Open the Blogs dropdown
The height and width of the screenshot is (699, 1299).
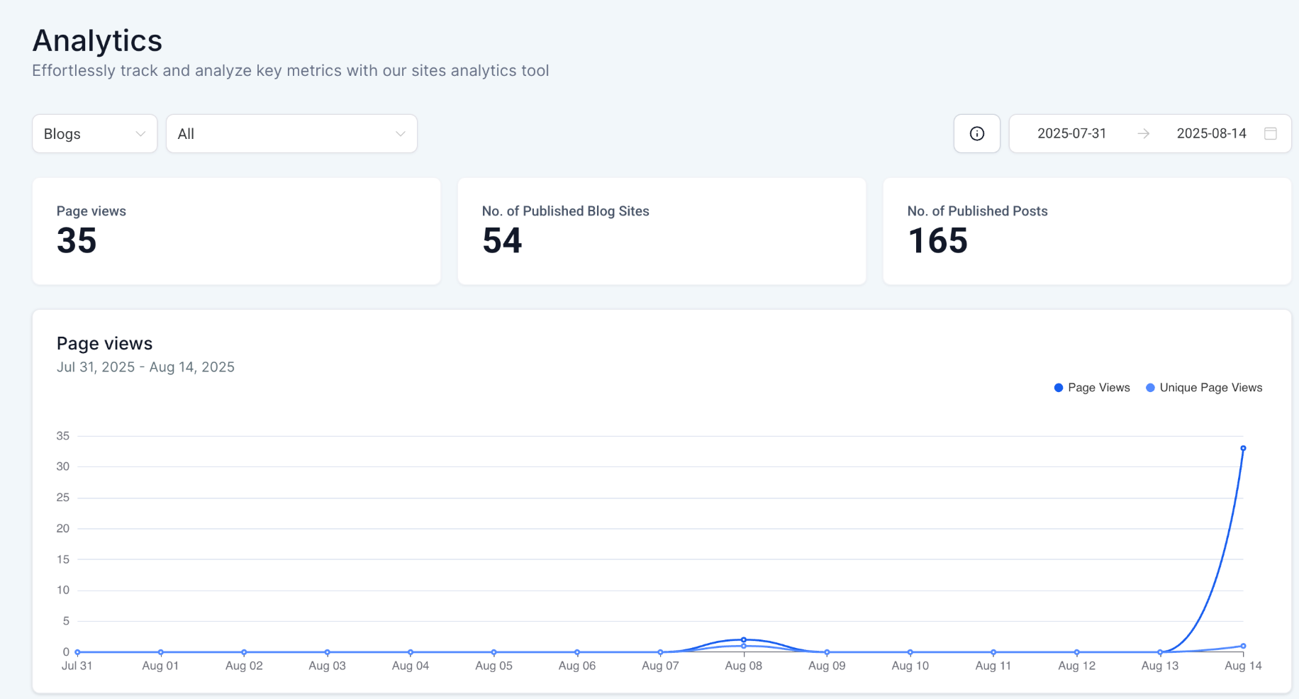click(x=94, y=134)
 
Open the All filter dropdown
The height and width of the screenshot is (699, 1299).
click(x=291, y=134)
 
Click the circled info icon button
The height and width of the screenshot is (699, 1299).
click(x=976, y=133)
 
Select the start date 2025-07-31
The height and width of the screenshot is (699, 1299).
click(x=1071, y=133)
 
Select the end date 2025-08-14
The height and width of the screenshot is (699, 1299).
click(x=1211, y=133)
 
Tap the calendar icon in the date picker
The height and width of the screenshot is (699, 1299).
click(x=1271, y=133)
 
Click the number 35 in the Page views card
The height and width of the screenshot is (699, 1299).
click(x=77, y=240)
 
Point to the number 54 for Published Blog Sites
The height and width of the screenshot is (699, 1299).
click(x=502, y=240)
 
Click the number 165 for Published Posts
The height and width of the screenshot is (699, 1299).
click(x=937, y=240)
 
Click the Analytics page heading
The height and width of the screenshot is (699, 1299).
click(x=97, y=40)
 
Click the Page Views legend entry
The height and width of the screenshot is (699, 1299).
click(x=1092, y=388)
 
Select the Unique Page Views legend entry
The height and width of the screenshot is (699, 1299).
click(x=1204, y=388)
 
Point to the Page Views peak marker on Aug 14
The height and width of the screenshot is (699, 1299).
click(x=1243, y=448)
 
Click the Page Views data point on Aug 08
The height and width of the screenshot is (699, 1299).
click(x=744, y=639)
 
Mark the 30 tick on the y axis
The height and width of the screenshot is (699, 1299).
click(x=63, y=466)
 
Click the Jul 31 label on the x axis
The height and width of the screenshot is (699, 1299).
click(x=77, y=666)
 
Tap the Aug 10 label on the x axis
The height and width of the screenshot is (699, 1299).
click(x=910, y=666)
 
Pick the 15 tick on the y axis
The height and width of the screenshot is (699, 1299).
click(x=63, y=559)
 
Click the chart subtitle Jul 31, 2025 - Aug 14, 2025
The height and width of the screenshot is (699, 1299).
click(x=145, y=367)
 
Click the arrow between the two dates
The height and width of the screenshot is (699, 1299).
click(x=1143, y=133)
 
